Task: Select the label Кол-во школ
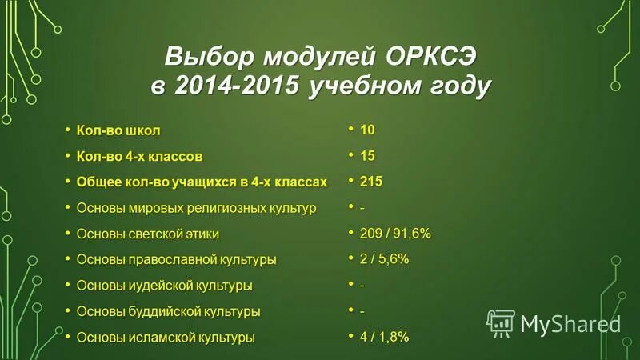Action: (118, 130)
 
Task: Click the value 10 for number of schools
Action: (367, 130)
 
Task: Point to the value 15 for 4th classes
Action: (367, 155)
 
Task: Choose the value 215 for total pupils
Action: (371, 182)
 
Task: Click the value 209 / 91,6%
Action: (395, 234)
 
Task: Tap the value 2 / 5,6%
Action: (385, 259)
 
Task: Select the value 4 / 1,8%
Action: (385, 337)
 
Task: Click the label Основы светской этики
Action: (147, 234)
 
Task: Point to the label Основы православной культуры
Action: (176, 259)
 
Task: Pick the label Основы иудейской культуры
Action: (164, 286)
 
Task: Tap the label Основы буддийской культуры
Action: (168, 311)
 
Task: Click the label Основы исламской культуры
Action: (166, 337)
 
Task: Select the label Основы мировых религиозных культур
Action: (196, 208)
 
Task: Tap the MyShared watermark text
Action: (570, 323)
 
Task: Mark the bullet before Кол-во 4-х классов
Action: (68, 154)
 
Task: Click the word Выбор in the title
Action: (203, 58)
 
